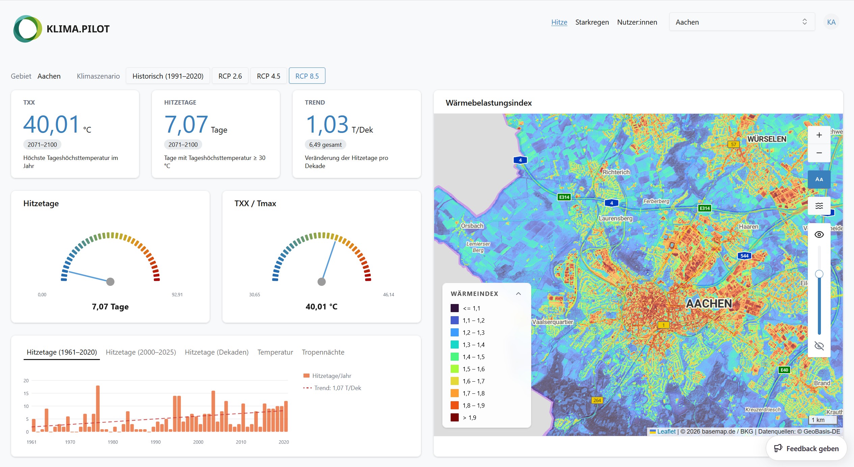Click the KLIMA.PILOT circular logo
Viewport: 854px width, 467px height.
point(28,29)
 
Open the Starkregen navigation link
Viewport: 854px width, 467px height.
point(592,22)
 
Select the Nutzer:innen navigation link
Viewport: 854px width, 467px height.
point(637,22)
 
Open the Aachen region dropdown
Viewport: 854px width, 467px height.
point(742,22)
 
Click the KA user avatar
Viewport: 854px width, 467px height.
point(831,22)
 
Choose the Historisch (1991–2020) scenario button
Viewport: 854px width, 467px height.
point(168,76)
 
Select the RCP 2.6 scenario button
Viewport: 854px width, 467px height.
point(230,76)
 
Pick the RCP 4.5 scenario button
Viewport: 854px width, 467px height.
point(268,76)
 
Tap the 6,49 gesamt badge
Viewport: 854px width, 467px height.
point(325,145)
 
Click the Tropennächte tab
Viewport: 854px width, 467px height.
point(323,352)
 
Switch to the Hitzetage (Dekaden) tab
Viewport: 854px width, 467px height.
point(217,352)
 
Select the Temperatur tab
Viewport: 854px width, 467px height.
point(275,352)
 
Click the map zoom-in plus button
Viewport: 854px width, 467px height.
point(819,135)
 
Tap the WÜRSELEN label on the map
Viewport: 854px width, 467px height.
point(767,139)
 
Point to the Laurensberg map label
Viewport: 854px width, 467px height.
point(615,218)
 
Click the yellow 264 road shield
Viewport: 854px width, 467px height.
point(597,400)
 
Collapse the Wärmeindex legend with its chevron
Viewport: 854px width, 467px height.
point(518,294)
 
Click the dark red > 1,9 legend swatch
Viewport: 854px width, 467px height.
point(455,417)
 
